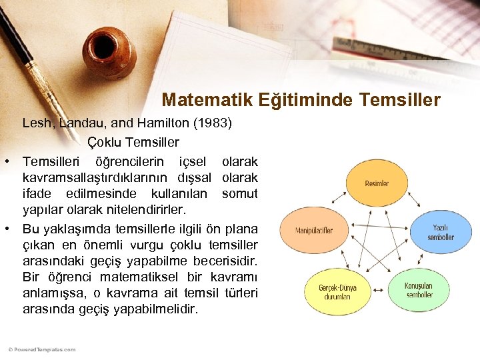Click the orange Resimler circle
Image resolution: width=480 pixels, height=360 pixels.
(x=377, y=183)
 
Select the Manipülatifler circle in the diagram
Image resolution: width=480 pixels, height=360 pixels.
(x=314, y=231)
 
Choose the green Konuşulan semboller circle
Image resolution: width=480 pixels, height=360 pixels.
(x=418, y=290)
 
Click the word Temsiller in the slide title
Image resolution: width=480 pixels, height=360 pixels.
(x=399, y=101)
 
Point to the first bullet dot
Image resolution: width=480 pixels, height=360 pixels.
(x=6, y=162)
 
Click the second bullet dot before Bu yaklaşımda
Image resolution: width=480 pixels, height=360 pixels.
(x=6, y=229)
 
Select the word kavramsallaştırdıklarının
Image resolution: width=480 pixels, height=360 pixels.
(x=97, y=178)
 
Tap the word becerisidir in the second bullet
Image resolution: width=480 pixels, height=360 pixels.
(x=224, y=261)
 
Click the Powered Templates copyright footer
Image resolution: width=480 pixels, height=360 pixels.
(x=42, y=349)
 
